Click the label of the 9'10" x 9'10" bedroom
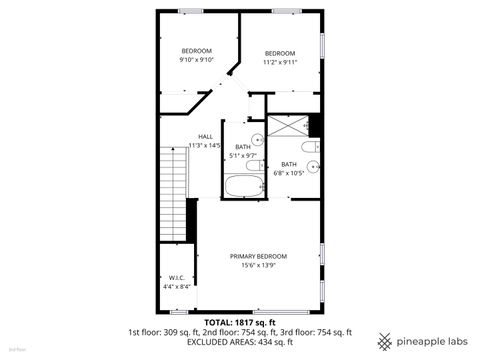pyautogui.click(x=196, y=51)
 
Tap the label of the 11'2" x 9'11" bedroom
pyautogui.click(x=280, y=53)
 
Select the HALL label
pyautogui.click(x=205, y=137)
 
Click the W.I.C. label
pyautogui.click(x=175, y=278)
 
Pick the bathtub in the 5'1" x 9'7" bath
pyautogui.click(x=242, y=186)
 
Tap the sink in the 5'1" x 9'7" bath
pyautogui.click(x=257, y=140)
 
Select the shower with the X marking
pyautogui.click(x=287, y=126)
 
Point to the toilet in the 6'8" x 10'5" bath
pyautogui.click(x=311, y=148)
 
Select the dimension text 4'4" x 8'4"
pyautogui.click(x=175, y=287)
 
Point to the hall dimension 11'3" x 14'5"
pyautogui.click(x=205, y=146)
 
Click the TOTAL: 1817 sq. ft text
pyautogui.click(x=240, y=322)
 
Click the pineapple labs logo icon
pyautogui.click(x=383, y=341)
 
